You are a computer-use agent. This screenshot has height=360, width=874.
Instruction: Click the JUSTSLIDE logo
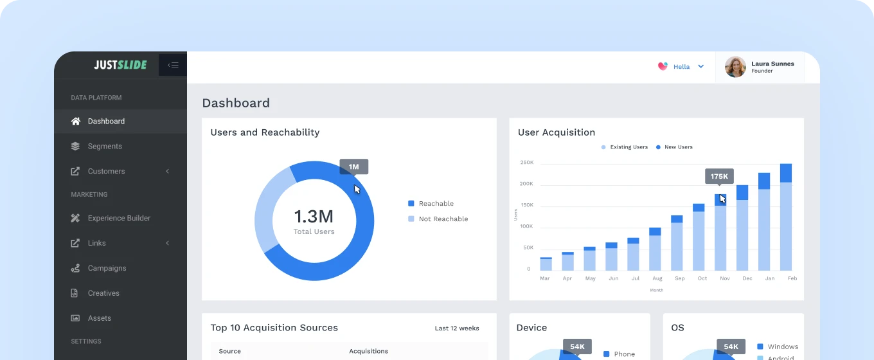pyautogui.click(x=120, y=65)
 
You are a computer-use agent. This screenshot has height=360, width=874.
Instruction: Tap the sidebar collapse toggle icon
pyautogui.click(x=173, y=65)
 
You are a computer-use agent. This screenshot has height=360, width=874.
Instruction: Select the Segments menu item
pyautogui.click(x=104, y=147)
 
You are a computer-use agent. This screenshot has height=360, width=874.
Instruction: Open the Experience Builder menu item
pyautogui.click(x=119, y=219)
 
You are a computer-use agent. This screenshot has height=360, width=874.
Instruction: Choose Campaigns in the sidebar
pyautogui.click(x=107, y=268)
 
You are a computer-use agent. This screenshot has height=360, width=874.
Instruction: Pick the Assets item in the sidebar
pyautogui.click(x=99, y=318)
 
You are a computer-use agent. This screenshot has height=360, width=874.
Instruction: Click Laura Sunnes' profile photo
pyautogui.click(x=735, y=67)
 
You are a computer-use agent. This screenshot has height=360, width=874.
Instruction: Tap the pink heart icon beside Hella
pyautogui.click(x=663, y=66)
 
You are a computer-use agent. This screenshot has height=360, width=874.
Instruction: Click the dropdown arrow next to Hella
pyautogui.click(x=701, y=67)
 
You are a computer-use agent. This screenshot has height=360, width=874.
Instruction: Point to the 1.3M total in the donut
pyautogui.click(x=314, y=217)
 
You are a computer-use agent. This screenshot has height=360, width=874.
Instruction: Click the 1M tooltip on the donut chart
pyautogui.click(x=353, y=167)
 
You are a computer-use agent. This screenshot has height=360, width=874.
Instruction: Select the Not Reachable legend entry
pyautogui.click(x=443, y=219)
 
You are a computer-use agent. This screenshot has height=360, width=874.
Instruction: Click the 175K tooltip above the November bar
pyautogui.click(x=719, y=176)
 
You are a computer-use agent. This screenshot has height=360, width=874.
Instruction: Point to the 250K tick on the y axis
pyautogui.click(x=527, y=163)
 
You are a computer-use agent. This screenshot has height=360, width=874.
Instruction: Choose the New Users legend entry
pyautogui.click(x=678, y=147)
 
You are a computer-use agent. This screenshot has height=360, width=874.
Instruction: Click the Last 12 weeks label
pyautogui.click(x=457, y=328)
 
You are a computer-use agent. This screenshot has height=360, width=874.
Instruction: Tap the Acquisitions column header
pyautogui.click(x=368, y=351)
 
